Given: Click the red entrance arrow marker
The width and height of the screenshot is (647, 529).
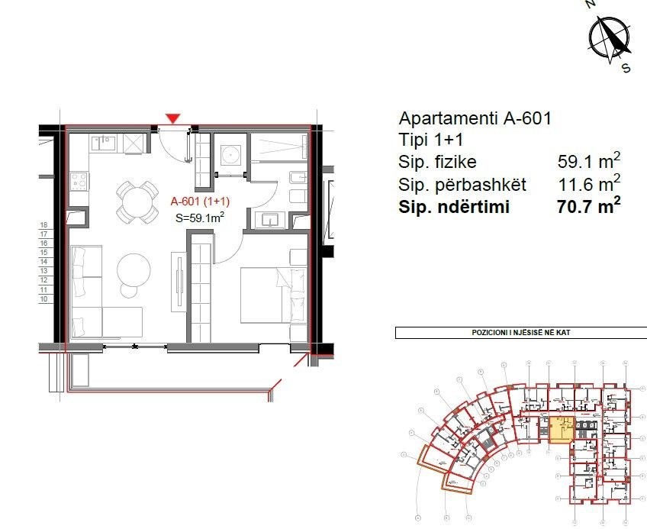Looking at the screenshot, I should pyautogui.click(x=174, y=118).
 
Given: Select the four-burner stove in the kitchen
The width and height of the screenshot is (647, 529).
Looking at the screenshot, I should pyautogui.click(x=79, y=182).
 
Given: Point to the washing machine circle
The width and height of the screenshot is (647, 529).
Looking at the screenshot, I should pyautogui.click(x=230, y=156).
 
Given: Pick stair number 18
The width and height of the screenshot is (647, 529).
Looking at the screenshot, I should pyautogui.click(x=44, y=226).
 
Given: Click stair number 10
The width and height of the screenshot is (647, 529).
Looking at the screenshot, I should pyautogui.click(x=44, y=300).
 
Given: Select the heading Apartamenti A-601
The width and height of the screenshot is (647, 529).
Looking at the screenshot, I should pyautogui.click(x=475, y=118).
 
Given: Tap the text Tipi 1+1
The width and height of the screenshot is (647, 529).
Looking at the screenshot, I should pyautogui.click(x=430, y=140).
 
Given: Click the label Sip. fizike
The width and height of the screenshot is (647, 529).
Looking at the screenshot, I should pyautogui.click(x=437, y=162).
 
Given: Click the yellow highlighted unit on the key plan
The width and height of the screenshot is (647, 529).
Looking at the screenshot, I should pyautogui.click(x=561, y=430).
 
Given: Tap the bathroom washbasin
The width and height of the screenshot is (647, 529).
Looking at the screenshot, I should pyautogui.click(x=272, y=220).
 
